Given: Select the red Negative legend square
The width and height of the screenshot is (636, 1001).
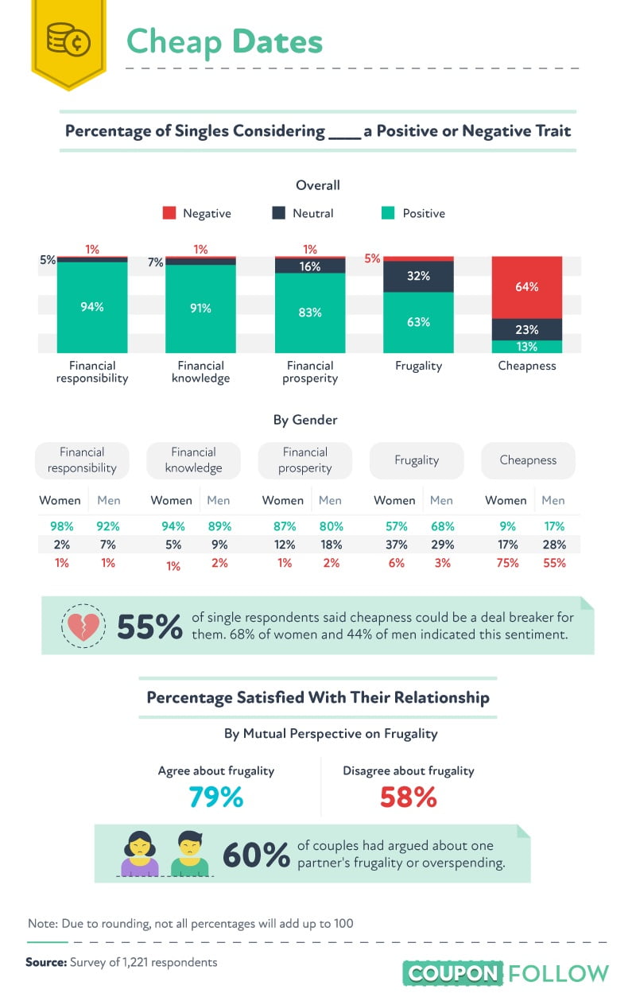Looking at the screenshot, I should click(169, 213).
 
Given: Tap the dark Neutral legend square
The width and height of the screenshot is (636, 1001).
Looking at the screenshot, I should click(278, 213).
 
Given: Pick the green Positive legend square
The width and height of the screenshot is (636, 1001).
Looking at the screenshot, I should click(388, 213).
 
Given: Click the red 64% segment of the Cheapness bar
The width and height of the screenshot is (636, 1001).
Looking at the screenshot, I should click(526, 287).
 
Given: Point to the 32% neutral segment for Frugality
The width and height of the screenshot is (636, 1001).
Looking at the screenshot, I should click(418, 277).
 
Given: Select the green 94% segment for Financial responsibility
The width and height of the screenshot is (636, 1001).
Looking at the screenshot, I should click(92, 307).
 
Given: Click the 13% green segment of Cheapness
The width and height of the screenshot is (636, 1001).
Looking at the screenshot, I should click(526, 347).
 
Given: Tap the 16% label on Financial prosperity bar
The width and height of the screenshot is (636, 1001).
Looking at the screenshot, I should click(310, 266).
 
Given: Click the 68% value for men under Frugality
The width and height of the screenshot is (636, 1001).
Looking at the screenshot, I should click(442, 526).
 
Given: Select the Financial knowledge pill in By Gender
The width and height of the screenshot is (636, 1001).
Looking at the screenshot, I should click(193, 460).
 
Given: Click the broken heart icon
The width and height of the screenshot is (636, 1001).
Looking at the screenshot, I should click(83, 627).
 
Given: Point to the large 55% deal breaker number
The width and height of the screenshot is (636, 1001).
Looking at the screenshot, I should click(149, 627).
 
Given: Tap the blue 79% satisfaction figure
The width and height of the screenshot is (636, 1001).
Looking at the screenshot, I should click(215, 797).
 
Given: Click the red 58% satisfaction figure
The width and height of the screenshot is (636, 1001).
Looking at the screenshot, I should click(408, 797).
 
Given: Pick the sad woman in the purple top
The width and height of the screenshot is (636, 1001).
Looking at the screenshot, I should click(140, 854).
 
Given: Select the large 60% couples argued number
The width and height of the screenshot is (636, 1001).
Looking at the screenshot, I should click(255, 856).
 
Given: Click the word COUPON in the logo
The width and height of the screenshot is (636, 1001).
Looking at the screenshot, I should click(453, 973).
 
